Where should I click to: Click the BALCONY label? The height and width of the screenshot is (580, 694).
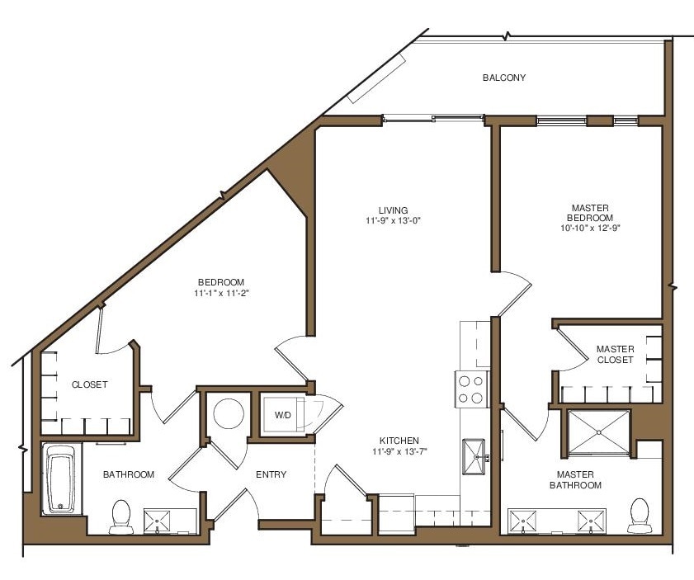point(504,78)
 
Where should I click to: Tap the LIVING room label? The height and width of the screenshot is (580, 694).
point(393,210)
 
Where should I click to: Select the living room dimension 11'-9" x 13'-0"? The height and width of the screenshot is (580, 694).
point(393,221)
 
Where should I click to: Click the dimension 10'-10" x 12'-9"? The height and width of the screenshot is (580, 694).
point(592,229)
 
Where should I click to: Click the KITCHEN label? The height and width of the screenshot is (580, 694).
point(399,441)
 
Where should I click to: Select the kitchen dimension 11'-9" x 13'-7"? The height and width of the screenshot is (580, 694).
point(399,451)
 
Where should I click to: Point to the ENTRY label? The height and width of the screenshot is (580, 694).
point(271,474)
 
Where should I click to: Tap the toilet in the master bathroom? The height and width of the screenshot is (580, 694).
point(639,514)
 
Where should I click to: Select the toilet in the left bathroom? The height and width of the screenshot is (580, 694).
point(121,516)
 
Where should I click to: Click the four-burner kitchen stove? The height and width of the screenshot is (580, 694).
point(471,389)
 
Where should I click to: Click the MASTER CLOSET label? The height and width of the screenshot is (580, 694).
point(615,355)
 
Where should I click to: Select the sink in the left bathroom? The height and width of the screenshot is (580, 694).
point(157,521)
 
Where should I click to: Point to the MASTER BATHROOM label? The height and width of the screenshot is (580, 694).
point(578,479)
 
